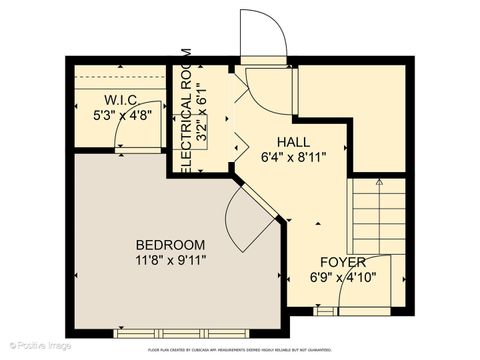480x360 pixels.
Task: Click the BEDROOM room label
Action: (x=171, y=245)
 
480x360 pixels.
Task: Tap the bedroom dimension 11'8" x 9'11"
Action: (x=171, y=262)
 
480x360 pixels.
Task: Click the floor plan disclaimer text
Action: (x=239, y=350)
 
